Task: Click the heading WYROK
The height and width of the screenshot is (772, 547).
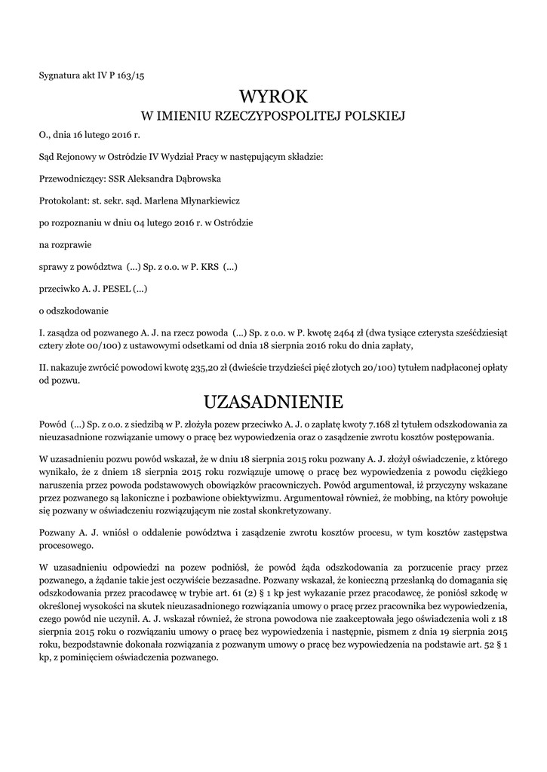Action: point(273,96)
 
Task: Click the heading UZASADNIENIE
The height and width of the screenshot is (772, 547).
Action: point(273,400)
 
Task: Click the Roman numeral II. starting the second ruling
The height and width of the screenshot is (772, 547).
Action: point(43,367)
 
